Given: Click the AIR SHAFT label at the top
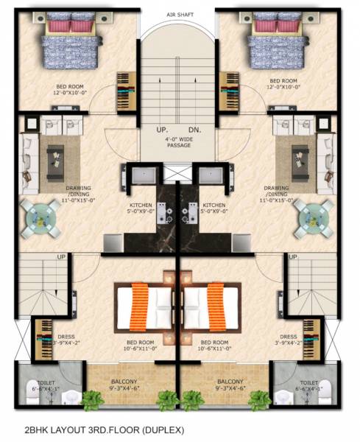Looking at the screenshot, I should [x=179, y=14].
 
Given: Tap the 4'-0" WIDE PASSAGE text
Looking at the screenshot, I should [x=178, y=141].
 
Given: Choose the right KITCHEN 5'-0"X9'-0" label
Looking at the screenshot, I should [x=213, y=208].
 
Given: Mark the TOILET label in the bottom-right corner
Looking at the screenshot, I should [x=309, y=385].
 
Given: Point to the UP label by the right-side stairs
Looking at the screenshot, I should [x=293, y=256].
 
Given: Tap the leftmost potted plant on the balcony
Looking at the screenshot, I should [x=91, y=401].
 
